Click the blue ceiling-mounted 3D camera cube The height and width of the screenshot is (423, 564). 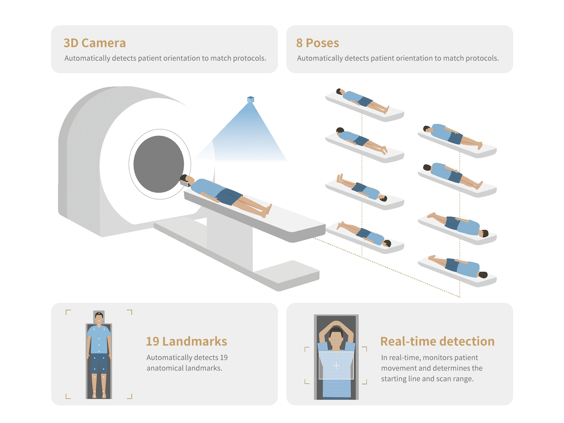pos(251,100)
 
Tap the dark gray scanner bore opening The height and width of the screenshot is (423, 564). pos(159,164)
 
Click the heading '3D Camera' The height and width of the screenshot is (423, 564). pos(95,43)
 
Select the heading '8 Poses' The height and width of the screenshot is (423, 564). pos(318,43)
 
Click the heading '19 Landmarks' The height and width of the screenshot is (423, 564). pos(187,341)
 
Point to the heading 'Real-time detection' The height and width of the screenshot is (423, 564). pos(437,341)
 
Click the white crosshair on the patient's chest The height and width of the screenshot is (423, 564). pos(336,365)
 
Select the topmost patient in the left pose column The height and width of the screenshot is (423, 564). pos(363,101)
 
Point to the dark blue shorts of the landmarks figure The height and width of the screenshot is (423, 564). pos(99,363)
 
